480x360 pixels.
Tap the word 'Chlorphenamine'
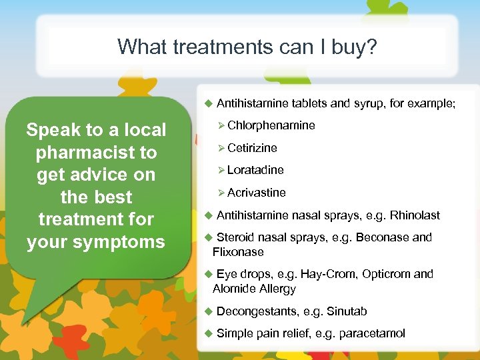click(x=271, y=125)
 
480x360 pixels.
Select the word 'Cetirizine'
click(x=252, y=148)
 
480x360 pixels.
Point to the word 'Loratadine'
click(x=255, y=170)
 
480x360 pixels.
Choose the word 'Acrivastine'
click(x=256, y=193)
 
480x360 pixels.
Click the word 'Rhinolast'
click(x=415, y=215)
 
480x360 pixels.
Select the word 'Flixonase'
click(x=238, y=252)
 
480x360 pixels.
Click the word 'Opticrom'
click(x=386, y=274)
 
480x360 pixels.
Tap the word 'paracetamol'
click(x=372, y=333)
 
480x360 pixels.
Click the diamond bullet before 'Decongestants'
click(x=208, y=311)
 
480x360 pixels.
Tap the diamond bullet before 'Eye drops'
click(x=208, y=274)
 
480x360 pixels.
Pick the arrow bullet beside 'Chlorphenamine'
click(x=221, y=125)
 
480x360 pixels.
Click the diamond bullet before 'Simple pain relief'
click(x=208, y=333)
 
